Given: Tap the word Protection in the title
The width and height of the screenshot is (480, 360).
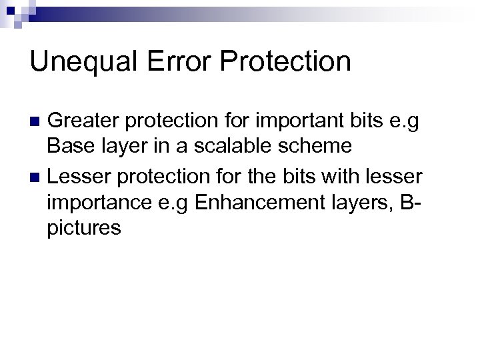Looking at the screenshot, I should pyautogui.click(x=286, y=62).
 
